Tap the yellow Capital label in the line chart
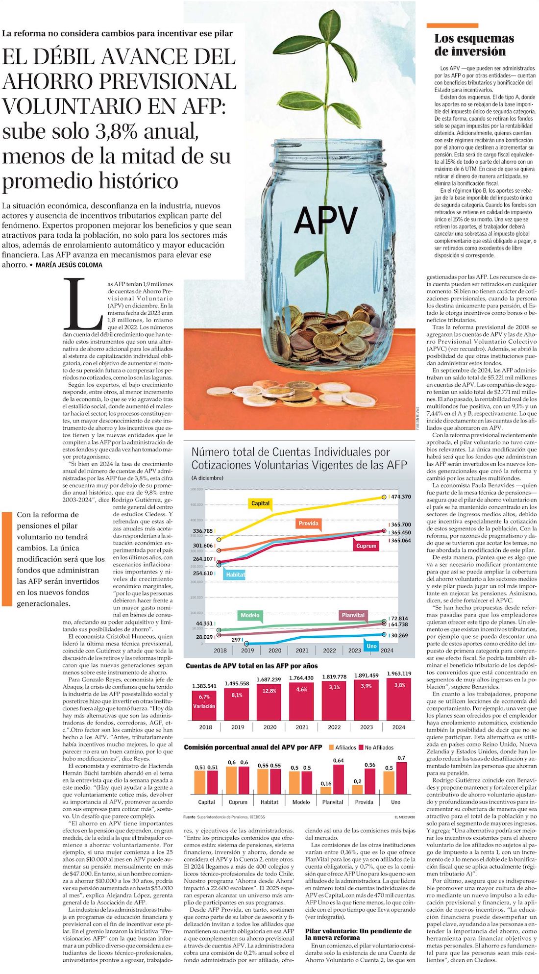point(260,503)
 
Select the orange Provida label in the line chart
point(308,523)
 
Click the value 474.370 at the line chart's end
point(401,497)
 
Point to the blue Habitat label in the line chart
point(235,574)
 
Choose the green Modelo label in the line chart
point(250,615)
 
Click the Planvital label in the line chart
point(353,615)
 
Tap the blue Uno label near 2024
point(372,646)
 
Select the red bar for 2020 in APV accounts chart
point(269,702)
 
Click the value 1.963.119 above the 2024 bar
point(399,674)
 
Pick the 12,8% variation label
point(269,691)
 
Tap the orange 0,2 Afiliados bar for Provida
point(358,789)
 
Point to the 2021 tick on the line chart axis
point(302,650)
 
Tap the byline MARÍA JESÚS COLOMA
point(69,265)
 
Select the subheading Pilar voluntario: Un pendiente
point(358,934)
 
